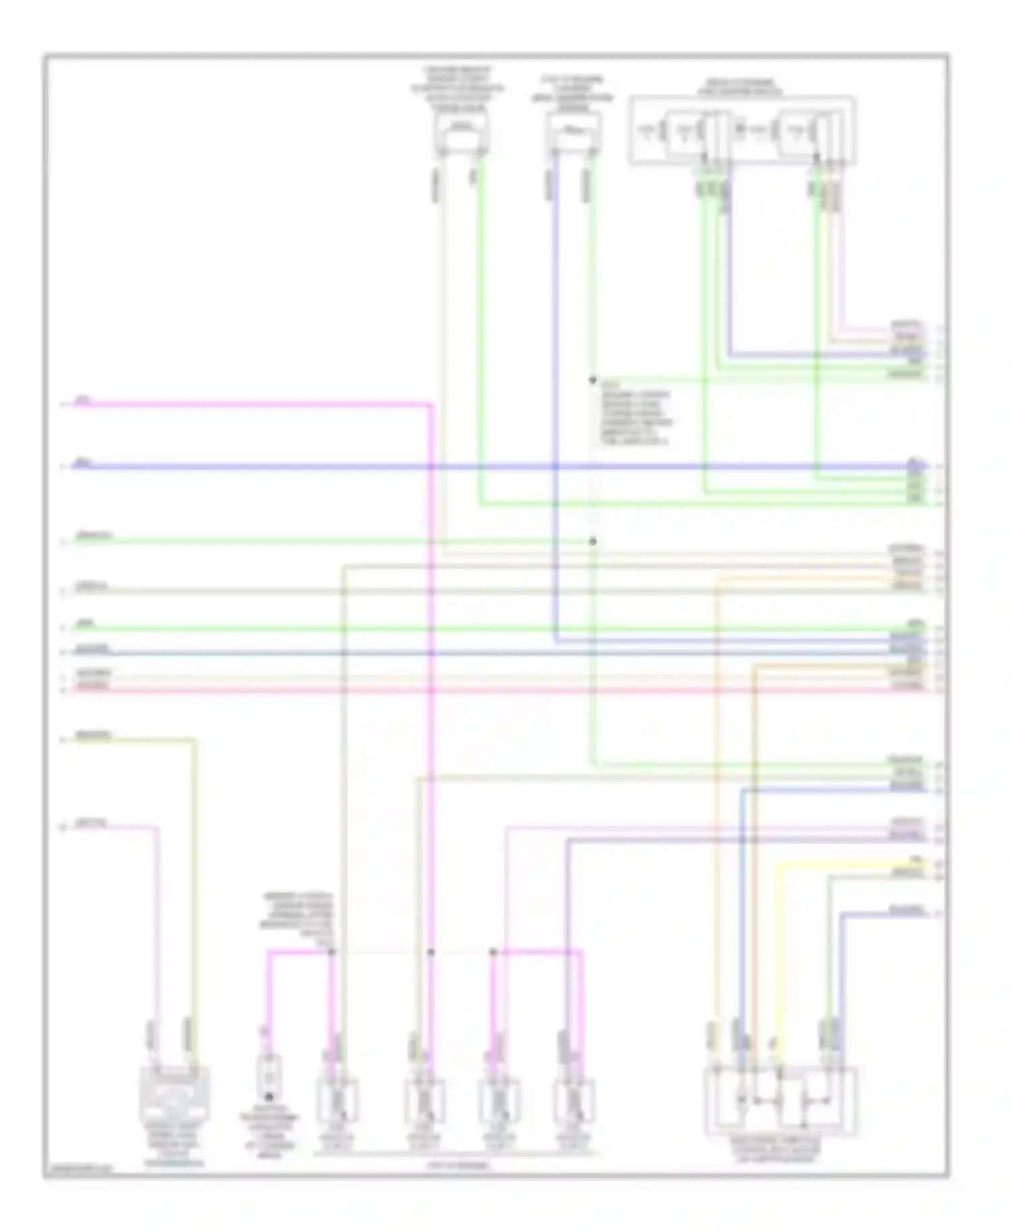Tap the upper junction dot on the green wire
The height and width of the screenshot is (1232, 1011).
592,381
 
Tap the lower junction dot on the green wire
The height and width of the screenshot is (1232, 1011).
593,541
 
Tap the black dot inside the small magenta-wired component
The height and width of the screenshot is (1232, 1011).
269,1097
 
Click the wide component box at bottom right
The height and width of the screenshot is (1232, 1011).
780,1101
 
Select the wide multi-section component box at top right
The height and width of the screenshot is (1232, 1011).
742,131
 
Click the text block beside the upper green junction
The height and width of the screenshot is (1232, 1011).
635,418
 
